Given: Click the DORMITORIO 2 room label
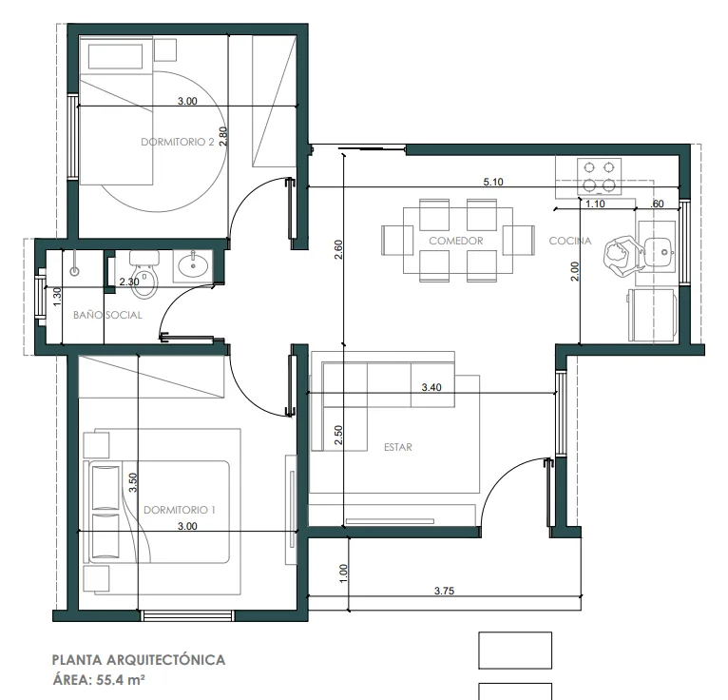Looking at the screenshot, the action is tap(178, 142).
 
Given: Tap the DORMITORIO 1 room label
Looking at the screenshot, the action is tap(180, 510).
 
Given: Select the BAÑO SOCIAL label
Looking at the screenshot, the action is tap(107, 315).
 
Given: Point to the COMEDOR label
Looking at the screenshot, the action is tap(456, 241).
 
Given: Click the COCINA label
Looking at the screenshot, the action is tap(570, 241).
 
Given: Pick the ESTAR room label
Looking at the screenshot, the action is tap(398, 447).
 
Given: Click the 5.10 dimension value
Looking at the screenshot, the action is tap(493, 182).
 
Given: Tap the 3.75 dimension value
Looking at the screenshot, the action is tap(445, 591).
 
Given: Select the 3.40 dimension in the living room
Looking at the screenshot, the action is tap(431, 387).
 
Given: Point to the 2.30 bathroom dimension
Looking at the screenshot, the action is tap(129, 282).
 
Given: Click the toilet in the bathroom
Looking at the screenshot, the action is tap(144, 275).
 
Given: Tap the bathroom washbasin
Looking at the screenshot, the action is tap(193, 265).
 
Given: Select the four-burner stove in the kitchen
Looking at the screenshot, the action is tap(599, 176).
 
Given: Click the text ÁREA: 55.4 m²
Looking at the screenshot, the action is tap(99, 680).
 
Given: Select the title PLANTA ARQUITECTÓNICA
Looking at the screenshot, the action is tap(139, 660).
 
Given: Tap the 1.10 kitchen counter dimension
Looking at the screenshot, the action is tap(595, 204).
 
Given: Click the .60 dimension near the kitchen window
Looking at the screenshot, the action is tap(657, 204).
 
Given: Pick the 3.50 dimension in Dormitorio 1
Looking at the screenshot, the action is tap(133, 482).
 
